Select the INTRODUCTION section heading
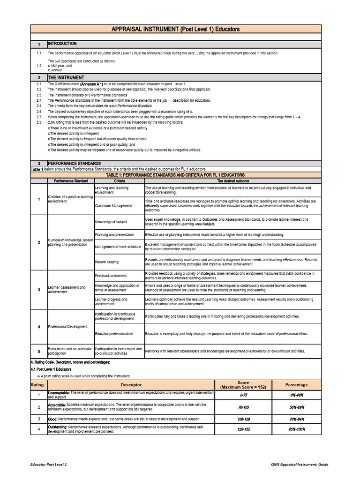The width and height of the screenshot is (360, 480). pos(62,44)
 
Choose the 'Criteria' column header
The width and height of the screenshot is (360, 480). pos(119,180)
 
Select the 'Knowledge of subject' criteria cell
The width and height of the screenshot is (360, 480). pos(111,222)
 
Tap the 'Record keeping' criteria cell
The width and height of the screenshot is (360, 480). pos(106,262)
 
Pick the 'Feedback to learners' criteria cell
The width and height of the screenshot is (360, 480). pos(111,276)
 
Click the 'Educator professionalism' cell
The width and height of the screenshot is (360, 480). pos(114,334)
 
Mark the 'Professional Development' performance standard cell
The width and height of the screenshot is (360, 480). pos(67,326)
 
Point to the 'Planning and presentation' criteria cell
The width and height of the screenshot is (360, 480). pos(114,234)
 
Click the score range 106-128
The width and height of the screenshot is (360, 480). pos(243,419)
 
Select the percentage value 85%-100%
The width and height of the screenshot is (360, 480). pos(297,429)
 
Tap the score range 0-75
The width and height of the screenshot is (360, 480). pos(243,396)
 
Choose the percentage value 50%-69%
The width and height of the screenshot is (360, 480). pos(297,407)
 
